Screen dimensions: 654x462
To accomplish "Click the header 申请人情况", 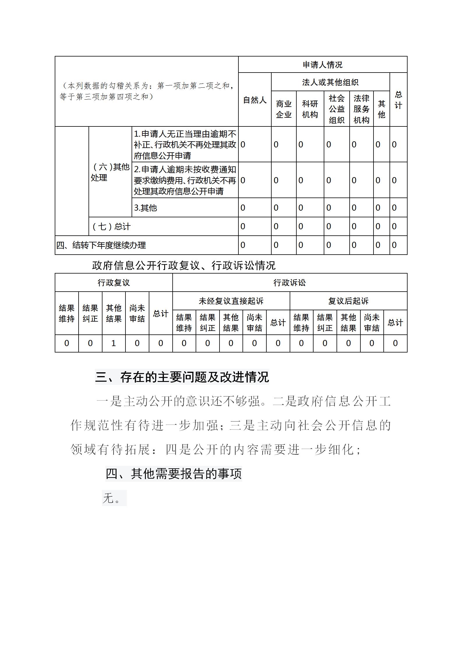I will click(323, 65).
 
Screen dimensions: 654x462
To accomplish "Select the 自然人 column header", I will click(255, 100).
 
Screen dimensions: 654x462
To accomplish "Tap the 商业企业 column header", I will click(284, 109).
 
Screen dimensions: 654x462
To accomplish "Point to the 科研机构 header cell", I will click(310, 109).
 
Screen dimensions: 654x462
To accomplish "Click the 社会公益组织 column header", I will click(337, 109).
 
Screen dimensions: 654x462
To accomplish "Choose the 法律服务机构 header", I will click(361, 109).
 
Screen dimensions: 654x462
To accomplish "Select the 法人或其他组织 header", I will click(330, 82).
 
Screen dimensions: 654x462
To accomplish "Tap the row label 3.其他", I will click(145, 208).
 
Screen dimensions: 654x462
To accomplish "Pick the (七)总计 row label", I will click(111, 226).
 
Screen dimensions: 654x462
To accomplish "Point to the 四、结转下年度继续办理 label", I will click(101, 245).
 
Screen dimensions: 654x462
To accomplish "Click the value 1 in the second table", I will click(114, 343).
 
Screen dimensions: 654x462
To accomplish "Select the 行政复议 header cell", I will click(114, 283).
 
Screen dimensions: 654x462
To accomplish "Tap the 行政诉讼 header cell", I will click(289, 283).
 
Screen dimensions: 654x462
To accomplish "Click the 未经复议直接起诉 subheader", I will click(231, 301).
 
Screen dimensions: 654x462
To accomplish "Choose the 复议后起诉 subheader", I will click(348, 301).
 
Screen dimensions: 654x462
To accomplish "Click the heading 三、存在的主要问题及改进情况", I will click(182, 377).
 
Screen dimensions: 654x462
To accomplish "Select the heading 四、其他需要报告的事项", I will click(174, 474).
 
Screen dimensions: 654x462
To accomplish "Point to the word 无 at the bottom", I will click(108, 498).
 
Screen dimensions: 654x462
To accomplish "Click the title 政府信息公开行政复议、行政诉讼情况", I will click(183, 265).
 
